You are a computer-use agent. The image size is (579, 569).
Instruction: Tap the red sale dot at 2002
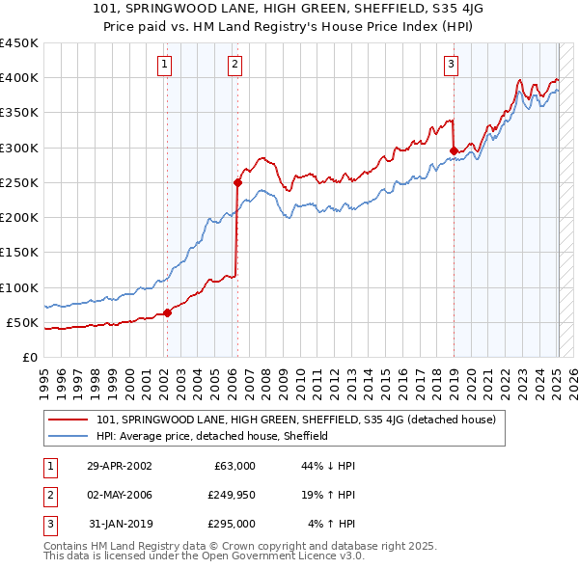point(167,312)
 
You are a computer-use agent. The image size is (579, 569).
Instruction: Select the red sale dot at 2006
point(236,181)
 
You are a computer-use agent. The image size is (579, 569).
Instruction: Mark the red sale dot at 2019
point(454,150)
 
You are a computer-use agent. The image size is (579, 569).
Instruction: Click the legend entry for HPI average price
point(213,436)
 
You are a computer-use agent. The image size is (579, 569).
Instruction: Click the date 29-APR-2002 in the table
point(120,466)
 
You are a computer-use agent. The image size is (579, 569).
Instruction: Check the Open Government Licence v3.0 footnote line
point(204,556)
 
